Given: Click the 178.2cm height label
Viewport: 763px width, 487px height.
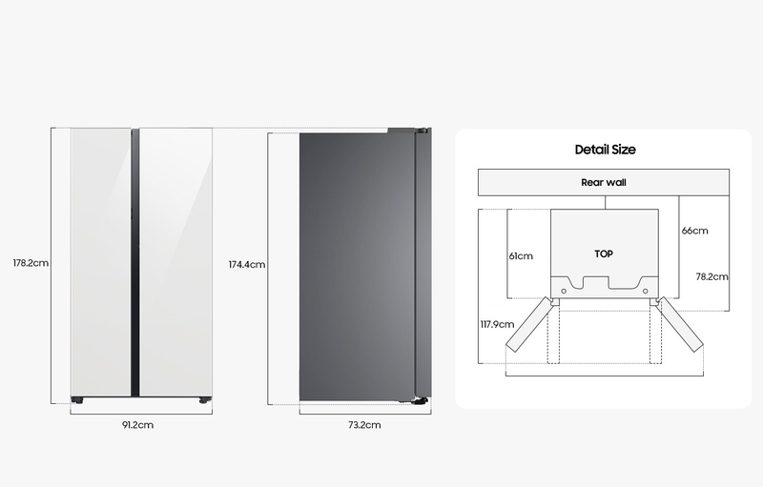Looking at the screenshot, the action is point(31,263).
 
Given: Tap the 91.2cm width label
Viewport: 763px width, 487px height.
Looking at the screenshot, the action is point(137,425).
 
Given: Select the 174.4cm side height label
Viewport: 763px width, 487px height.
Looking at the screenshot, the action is point(247,264).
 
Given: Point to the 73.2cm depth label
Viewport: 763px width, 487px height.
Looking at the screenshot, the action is point(364,425).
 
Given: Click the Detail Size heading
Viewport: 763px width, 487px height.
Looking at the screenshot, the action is point(606,150).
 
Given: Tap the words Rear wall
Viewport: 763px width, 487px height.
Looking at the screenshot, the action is point(604,182).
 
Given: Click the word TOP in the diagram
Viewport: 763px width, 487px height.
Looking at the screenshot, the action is point(604,254).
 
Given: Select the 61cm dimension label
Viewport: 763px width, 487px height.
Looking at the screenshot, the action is point(521,256).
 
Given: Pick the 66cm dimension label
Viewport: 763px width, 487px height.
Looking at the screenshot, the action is point(694,231).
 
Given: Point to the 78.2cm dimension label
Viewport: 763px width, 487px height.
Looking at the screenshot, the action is point(711,276).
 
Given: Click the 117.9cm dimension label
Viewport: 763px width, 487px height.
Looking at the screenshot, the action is point(497,324).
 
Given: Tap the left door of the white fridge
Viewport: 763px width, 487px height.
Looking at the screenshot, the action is point(101,262).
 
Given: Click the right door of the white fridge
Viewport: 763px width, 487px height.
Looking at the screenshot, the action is point(175,262).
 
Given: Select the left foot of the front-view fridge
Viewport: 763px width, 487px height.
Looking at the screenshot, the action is point(77,400).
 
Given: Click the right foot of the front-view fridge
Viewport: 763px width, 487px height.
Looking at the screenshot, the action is point(205,400).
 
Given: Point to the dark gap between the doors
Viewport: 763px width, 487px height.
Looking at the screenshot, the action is point(135,262).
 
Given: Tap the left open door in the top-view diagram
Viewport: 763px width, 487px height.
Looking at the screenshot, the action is point(529,324).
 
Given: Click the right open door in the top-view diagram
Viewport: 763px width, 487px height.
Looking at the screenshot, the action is point(680,324).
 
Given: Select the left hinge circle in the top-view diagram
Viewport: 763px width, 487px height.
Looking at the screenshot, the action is point(564,291).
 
